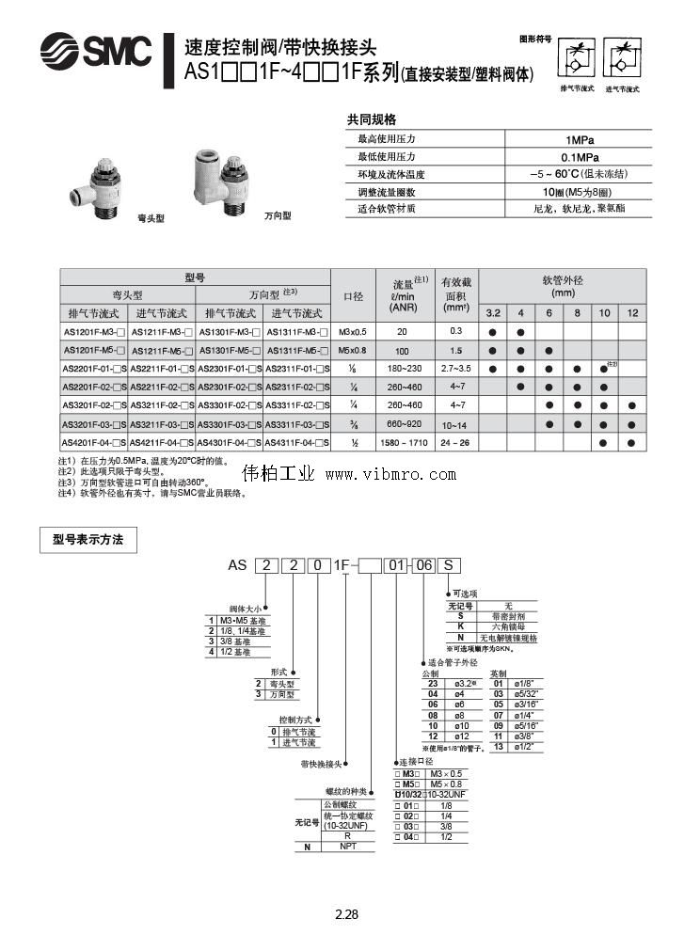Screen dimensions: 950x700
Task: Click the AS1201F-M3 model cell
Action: (x=94, y=332)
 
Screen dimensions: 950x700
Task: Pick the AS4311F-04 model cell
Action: (x=297, y=442)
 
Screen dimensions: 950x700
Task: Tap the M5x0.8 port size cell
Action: (x=353, y=350)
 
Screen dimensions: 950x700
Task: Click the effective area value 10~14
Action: (x=457, y=424)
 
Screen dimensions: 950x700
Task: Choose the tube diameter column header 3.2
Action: (x=492, y=312)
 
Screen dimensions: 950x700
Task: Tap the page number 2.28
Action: (x=347, y=914)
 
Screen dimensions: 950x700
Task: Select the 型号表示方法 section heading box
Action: (x=88, y=540)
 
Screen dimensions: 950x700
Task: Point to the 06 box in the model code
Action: (x=424, y=565)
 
